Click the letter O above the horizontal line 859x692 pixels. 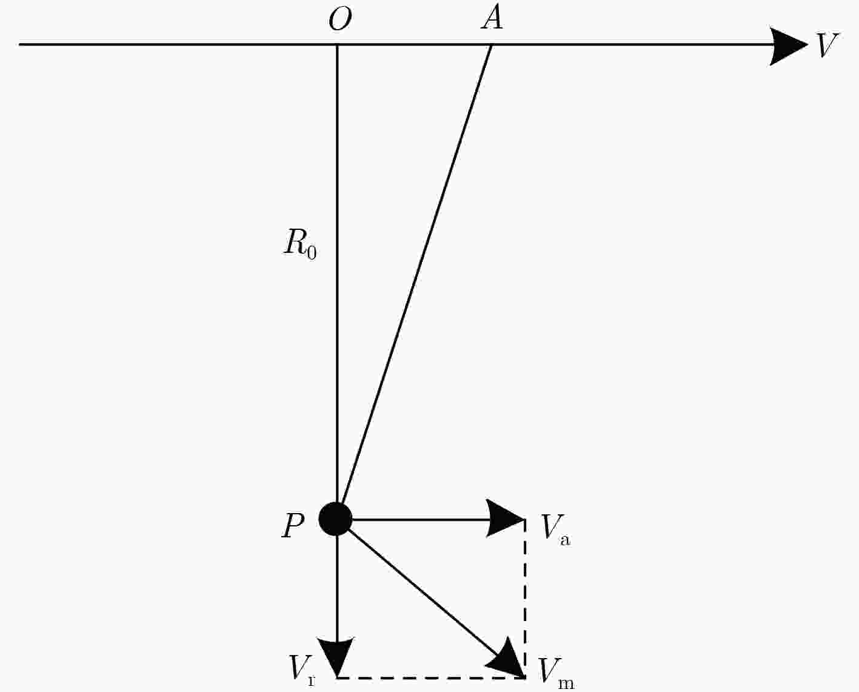pos(340,19)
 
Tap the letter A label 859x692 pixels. pos(492,18)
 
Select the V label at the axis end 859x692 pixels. pos(827,45)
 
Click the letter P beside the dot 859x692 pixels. pos(293,526)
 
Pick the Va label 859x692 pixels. pos(556,530)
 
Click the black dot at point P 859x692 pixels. pos(335,519)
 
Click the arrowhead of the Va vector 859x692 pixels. pos(504,519)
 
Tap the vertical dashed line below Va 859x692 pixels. pos(524,598)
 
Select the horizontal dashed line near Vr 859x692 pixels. pos(431,677)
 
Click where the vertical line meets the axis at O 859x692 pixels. pos(337,44)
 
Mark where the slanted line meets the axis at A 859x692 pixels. pos(492,44)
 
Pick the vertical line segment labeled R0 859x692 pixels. pos(337,274)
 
